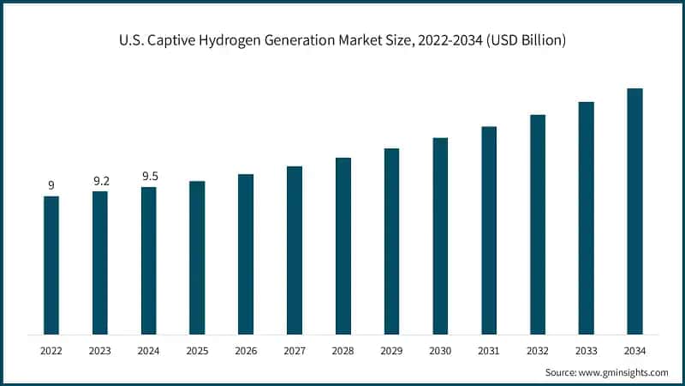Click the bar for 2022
tap(51, 265)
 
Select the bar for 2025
tap(197, 257)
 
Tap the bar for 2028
tap(343, 246)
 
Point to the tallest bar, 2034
tap(634, 211)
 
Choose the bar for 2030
tap(440, 236)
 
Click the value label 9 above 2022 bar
tap(51, 185)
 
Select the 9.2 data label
tap(100, 181)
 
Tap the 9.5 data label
tap(149, 177)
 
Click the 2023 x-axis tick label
tap(100, 351)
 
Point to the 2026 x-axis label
tap(246, 351)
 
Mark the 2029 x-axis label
tap(391, 351)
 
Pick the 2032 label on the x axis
tap(538, 351)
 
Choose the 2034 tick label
tap(634, 351)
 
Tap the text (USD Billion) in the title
tap(521, 40)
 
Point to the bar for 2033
tap(586, 218)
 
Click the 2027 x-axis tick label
tap(295, 351)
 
